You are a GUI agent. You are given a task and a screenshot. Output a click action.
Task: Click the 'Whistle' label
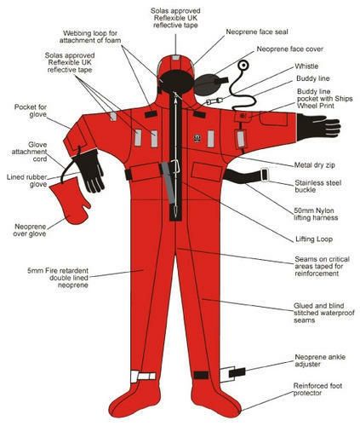306,66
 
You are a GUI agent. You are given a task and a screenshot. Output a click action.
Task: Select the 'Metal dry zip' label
314,165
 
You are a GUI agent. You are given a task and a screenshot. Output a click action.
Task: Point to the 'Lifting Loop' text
314,239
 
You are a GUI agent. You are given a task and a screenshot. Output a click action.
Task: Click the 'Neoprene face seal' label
257,32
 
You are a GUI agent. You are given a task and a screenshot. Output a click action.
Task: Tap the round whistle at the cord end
243,66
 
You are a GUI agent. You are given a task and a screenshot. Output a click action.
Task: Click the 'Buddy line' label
313,78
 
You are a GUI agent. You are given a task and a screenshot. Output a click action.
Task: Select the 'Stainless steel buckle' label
317,186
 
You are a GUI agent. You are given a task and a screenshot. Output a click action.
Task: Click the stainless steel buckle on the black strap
265,175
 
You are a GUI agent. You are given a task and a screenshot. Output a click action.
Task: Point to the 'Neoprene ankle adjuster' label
320,360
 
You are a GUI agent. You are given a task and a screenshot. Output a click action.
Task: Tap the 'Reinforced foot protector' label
317,389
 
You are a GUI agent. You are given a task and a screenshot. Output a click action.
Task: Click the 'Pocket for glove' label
31,111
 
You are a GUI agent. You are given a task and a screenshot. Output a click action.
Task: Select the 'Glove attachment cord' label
29,152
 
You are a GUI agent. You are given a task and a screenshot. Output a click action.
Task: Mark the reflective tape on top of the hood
176,58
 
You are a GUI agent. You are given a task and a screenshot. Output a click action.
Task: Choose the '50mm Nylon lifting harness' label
316,214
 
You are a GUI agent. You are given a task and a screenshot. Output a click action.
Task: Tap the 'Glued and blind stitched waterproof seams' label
324,313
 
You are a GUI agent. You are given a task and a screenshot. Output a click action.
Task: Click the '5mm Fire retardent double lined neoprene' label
58,278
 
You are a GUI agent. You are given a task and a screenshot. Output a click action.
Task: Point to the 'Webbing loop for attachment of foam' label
90,37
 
